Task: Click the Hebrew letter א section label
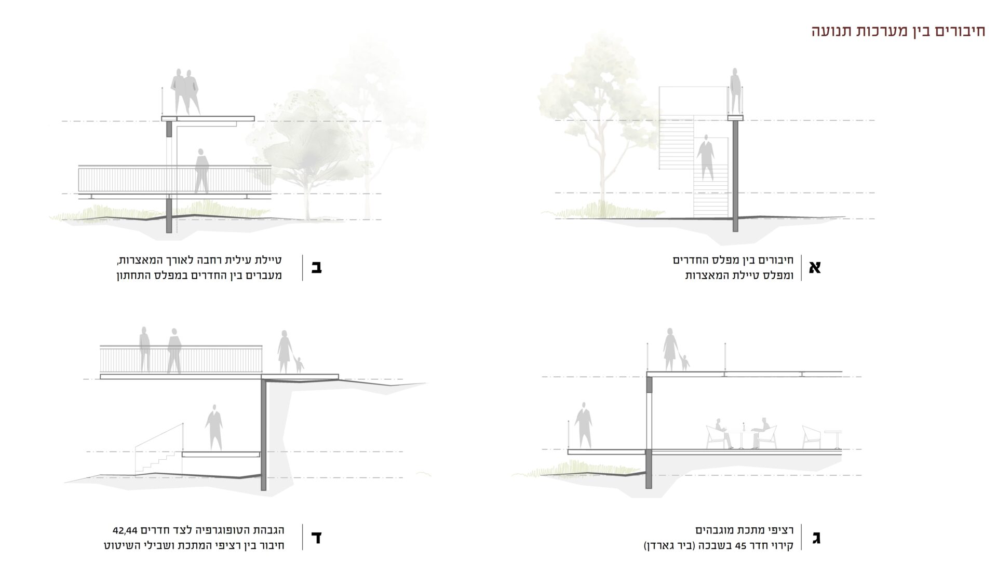pos(815,267)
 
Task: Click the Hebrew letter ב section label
pos(316,267)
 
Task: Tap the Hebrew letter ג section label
pos(816,538)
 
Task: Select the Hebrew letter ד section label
pos(316,538)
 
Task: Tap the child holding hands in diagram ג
pos(685,363)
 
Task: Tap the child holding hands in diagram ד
pos(300,364)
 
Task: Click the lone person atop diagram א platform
pos(735,91)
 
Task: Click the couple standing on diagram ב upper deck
pos(185,92)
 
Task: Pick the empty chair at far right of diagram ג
pos(812,437)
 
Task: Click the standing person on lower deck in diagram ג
pos(584,427)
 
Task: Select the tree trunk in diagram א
pos(602,176)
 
